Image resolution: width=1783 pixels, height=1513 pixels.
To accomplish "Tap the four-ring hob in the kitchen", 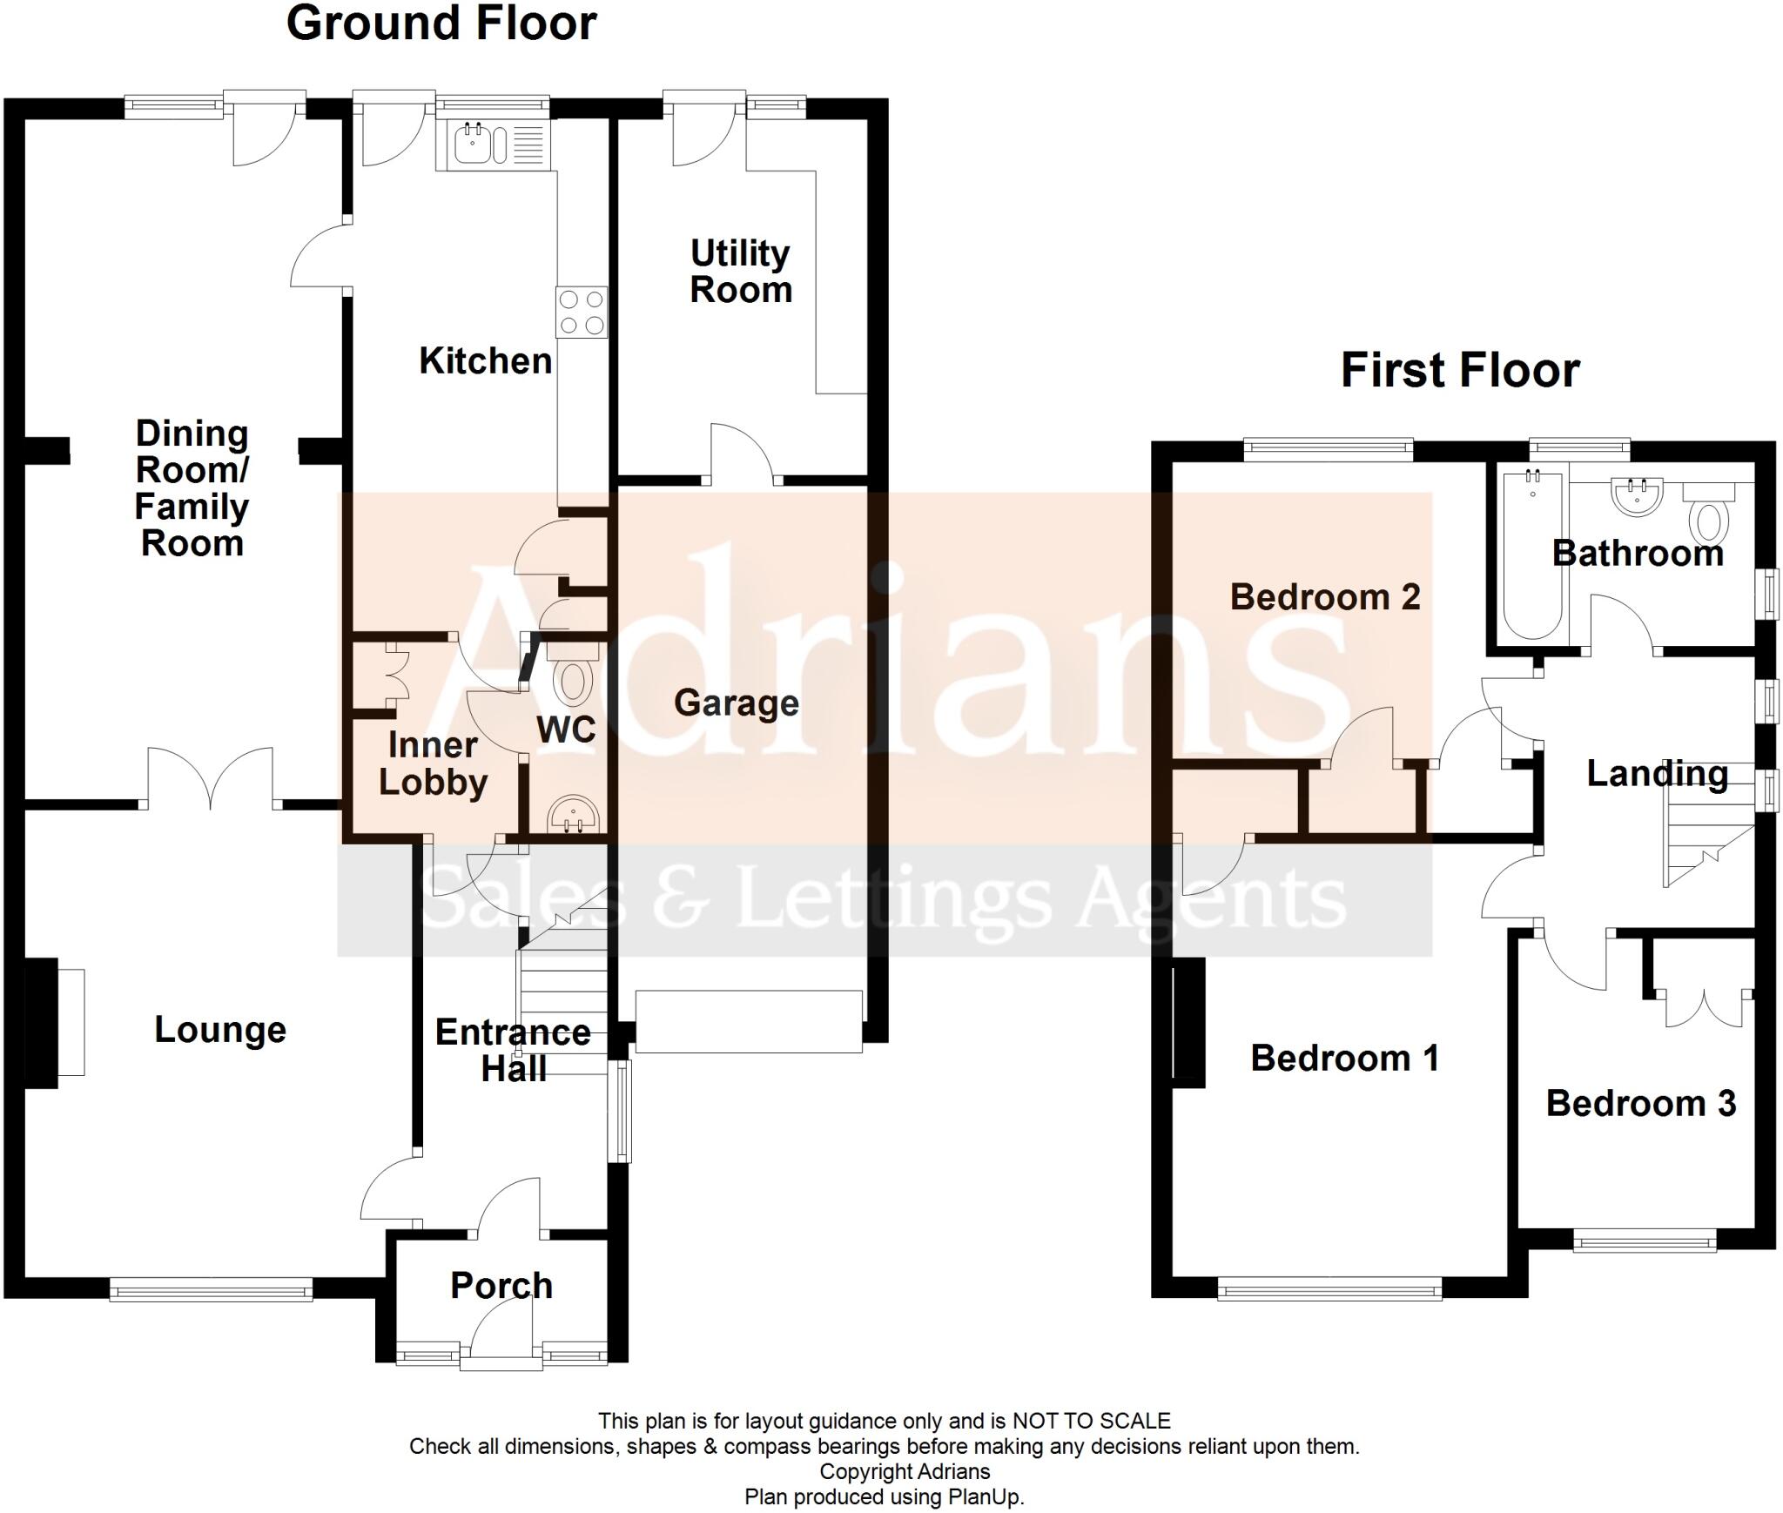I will pyautogui.click(x=582, y=313).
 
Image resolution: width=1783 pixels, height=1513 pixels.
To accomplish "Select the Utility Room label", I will pyautogui.click(x=741, y=272).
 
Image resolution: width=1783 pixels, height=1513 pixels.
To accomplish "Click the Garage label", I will pyautogui.click(x=737, y=703).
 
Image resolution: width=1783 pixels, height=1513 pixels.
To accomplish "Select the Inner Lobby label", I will pyautogui.click(x=433, y=763).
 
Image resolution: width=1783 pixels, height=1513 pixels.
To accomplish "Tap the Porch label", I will pyautogui.click(x=501, y=1286).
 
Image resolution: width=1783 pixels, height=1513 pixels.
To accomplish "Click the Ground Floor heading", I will pyautogui.click(x=441, y=24).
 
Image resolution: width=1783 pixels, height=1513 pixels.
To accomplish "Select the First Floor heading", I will pyautogui.click(x=1460, y=370).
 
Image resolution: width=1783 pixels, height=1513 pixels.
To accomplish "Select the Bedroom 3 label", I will pyautogui.click(x=1641, y=1104).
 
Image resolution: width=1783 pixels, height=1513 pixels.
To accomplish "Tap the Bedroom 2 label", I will pyautogui.click(x=1325, y=597).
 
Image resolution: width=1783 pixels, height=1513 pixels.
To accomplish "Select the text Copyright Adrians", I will pyautogui.click(x=905, y=1472).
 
